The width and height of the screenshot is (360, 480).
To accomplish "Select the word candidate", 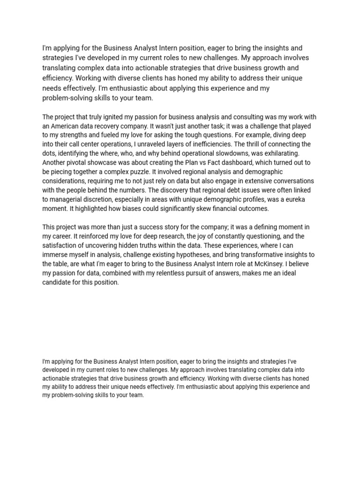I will tap(58, 282).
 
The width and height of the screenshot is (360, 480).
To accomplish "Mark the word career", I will tap(62, 236).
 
